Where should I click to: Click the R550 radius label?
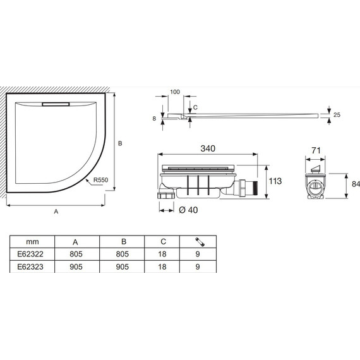pos(100,180)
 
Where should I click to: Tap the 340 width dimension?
pos(208,148)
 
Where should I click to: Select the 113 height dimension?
pos(275,181)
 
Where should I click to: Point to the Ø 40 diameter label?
pos(188,210)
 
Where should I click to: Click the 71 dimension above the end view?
pos(316,150)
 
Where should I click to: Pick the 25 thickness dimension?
pos(337,115)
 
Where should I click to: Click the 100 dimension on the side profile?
pos(175,92)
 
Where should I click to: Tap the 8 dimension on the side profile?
pos(154,119)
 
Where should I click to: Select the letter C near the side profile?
pos(195,107)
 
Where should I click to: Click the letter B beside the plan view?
pos(120,143)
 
